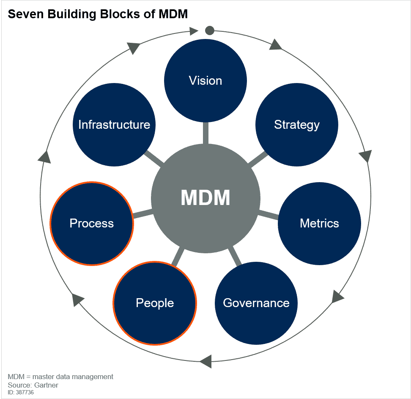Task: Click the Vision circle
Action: tap(205, 80)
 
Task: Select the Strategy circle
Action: tap(296, 125)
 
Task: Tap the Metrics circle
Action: tap(319, 223)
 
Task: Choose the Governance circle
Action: tap(256, 303)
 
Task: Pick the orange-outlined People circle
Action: tap(155, 303)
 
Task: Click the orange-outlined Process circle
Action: tap(92, 223)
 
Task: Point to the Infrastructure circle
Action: tap(114, 125)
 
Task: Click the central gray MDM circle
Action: tap(205, 198)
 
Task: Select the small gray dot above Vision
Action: tap(209, 30)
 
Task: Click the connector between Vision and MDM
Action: tap(205, 133)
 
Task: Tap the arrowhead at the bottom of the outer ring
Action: tap(205, 361)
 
